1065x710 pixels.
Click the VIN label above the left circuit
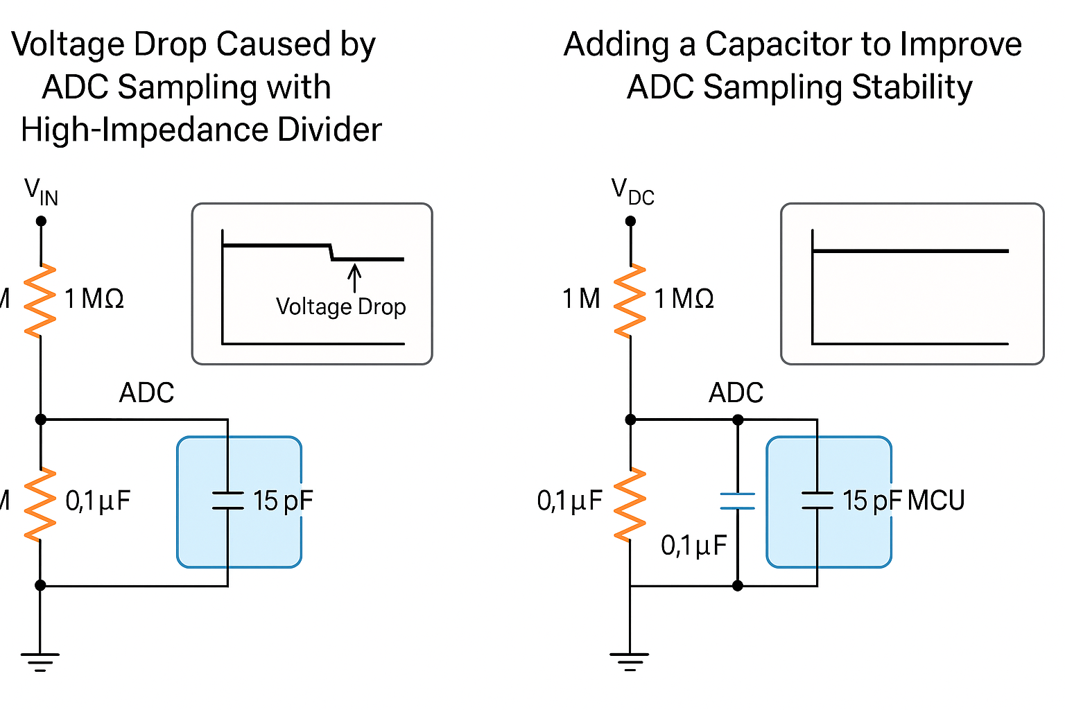pos(41,192)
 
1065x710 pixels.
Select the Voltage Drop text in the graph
pos(340,306)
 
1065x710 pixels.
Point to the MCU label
pos(936,501)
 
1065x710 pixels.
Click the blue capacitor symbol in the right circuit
pos(738,501)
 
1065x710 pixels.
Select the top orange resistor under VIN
pos(40,301)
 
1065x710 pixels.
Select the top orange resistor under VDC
pos(630,301)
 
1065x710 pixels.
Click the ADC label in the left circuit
pos(146,393)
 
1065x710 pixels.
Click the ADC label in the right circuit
pos(736,393)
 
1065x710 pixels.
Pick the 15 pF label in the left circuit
pos(283,501)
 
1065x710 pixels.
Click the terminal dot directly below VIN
pos(41,221)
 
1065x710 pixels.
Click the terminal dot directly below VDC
pos(630,221)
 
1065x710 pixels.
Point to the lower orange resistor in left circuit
pos(40,504)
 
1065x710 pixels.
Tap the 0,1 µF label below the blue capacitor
pos(693,546)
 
